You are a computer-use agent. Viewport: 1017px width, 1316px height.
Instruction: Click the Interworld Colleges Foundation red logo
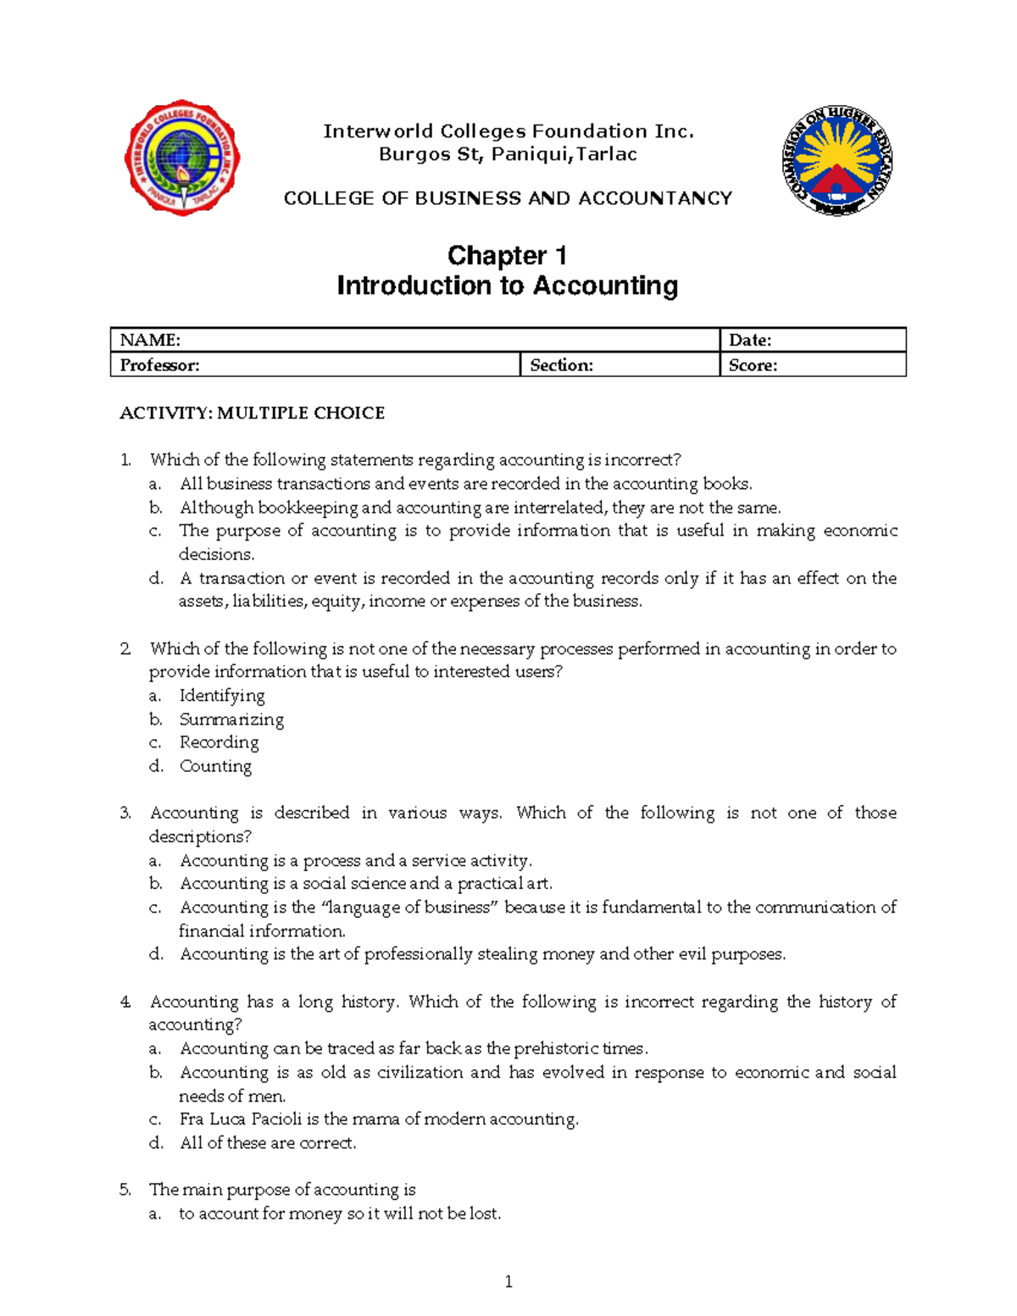coord(182,158)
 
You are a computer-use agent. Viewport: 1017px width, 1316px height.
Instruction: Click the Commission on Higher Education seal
coord(836,160)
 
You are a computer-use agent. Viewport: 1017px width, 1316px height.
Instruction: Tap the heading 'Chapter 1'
coord(507,255)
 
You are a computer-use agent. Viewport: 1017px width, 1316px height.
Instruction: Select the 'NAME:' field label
coord(150,340)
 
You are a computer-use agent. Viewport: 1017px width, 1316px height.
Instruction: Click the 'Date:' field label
coord(750,340)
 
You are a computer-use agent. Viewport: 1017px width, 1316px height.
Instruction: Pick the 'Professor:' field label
coord(159,365)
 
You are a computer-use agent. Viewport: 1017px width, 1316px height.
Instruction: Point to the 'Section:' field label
coord(561,365)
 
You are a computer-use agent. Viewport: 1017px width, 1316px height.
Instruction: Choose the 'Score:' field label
coord(753,365)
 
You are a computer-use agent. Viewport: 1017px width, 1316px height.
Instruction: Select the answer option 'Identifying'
coord(222,696)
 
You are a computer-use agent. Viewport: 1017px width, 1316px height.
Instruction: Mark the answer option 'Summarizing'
coord(231,719)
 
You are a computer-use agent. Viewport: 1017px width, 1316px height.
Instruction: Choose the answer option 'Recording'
coord(219,742)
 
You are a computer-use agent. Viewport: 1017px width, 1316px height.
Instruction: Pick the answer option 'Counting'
coord(215,766)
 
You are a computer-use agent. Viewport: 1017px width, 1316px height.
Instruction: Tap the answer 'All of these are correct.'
coord(268,1143)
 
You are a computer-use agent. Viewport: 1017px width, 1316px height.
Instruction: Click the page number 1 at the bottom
coord(508,1282)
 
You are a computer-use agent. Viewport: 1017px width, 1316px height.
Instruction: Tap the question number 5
coord(125,1190)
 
